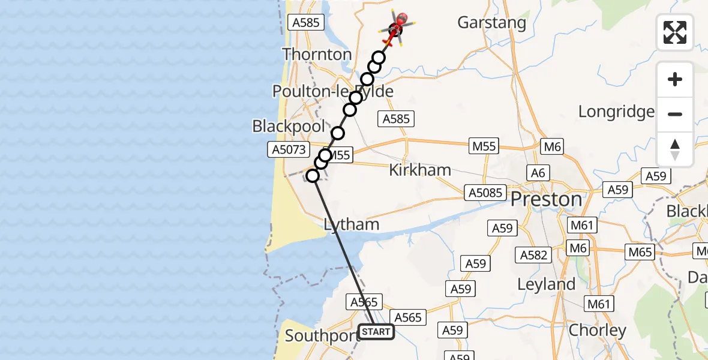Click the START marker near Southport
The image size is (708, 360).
[376, 332]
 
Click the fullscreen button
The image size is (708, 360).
[675, 32]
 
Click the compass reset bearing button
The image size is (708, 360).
[675, 149]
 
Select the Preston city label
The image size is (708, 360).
[546, 199]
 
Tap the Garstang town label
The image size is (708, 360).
[491, 23]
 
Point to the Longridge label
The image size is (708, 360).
[616, 111]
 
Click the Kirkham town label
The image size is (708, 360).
[420, 170]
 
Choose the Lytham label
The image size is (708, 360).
[352, 224]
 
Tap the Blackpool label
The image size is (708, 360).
[289, 127]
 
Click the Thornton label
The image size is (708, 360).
[317, 54]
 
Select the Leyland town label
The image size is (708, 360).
[546, 284]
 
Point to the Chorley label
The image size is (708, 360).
[597, 330]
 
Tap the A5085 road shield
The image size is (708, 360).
[485, 193]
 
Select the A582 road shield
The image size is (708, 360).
[533, 255]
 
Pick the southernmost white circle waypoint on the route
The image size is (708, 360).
[313, 176]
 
